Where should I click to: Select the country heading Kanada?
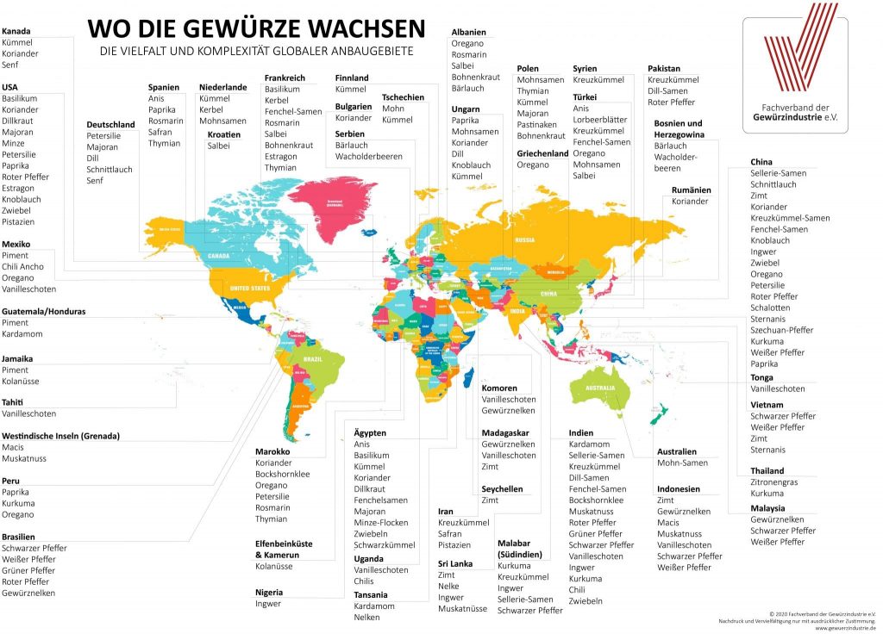point(16,31)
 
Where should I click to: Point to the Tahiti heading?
point(13,402)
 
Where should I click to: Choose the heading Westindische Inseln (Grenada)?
point(60,436)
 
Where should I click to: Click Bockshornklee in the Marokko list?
point(283,474)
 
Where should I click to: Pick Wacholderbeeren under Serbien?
point(369,156)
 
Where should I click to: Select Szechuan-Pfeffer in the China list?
point(782,330)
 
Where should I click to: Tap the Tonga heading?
point(761,377)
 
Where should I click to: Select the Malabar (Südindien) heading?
point(519,549)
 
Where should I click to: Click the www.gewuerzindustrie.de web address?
point(844,628)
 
